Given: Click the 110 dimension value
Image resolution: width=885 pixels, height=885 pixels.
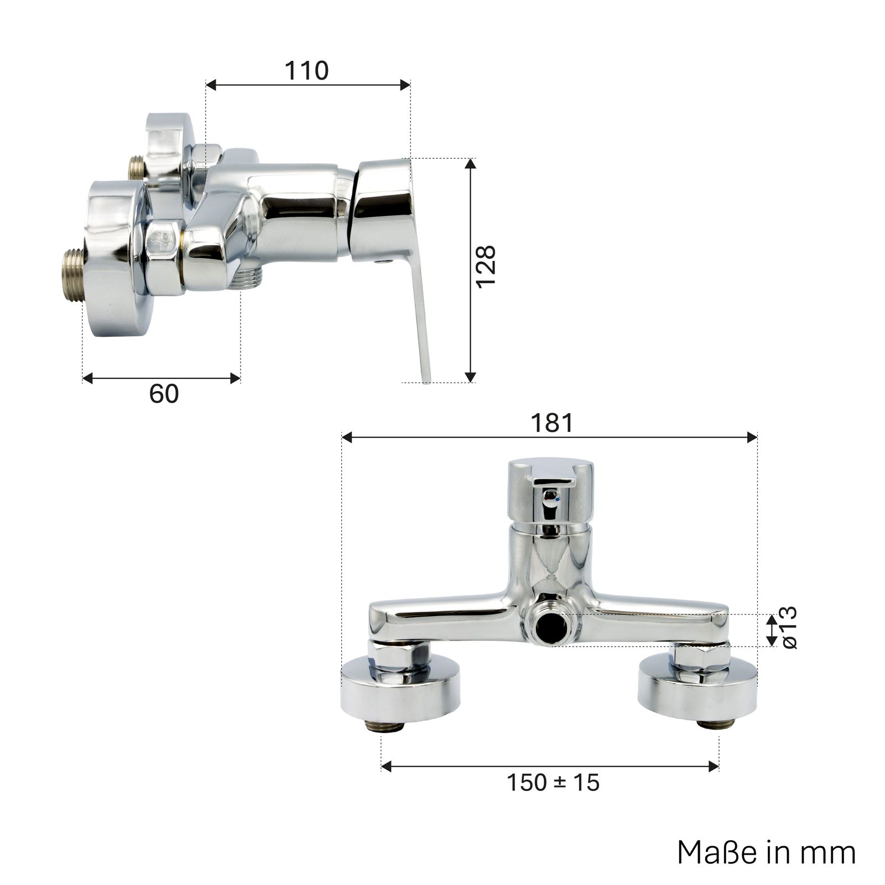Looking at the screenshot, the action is [306, 71].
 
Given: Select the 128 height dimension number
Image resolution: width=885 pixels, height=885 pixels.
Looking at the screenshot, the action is [486, 267].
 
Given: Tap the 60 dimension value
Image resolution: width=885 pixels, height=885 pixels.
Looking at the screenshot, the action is [164, 394].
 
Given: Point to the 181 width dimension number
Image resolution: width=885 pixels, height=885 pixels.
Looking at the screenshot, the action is [552, 423].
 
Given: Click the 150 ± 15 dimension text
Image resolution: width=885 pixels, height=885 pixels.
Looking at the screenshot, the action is [553, 783].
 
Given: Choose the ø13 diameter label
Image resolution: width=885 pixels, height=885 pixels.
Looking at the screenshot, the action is [787, 628].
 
